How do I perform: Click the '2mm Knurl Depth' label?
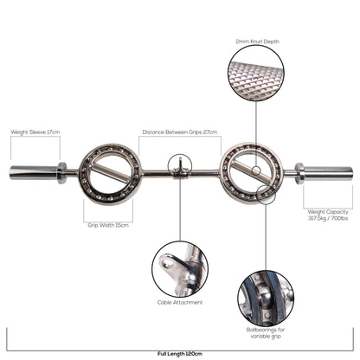click(x=257, y=41)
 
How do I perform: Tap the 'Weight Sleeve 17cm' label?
click(x=35, y=132)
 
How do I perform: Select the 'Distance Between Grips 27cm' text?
click(x=179, y=132)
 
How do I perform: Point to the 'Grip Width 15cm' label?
click(x=108, y=224)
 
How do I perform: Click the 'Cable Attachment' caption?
click(x=181, y=302)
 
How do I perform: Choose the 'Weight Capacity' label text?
click(x=327, y=212)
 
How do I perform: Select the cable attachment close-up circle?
click(x=180, y=267)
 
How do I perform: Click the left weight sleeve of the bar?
click(x=32, y=171)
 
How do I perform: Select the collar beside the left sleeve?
click(x=62, y=171)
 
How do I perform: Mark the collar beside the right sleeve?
click(x=299, y=171)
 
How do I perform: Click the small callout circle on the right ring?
click(x=265, y=194)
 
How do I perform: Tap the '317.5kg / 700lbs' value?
click(x=327, y=219)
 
